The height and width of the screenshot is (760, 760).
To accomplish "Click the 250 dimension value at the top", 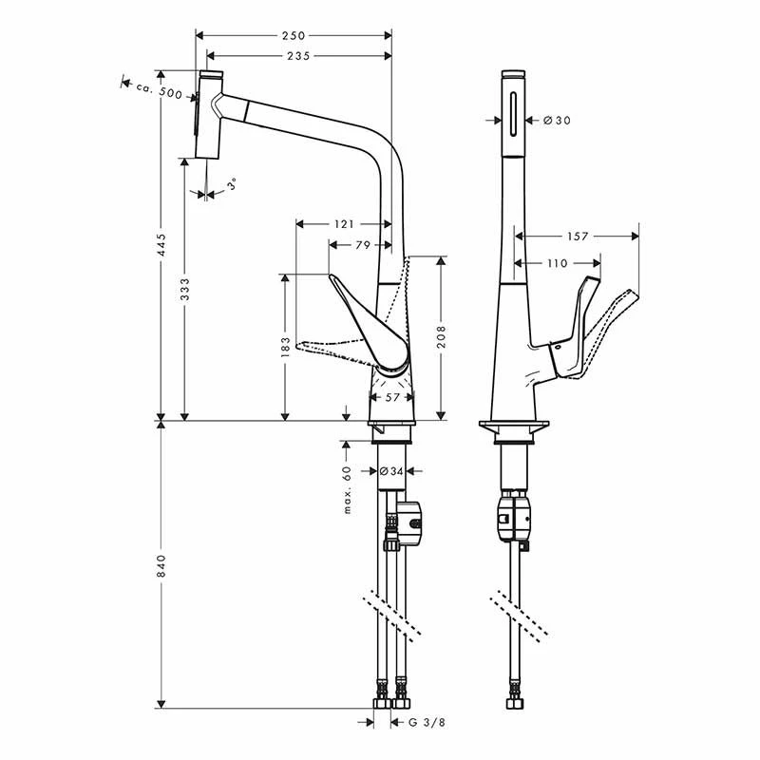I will tap(294, 35).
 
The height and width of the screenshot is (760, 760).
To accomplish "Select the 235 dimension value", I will tap(297, 56).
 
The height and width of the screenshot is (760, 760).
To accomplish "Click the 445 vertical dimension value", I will tap(161, 245).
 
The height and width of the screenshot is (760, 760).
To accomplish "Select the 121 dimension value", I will tap(343, 224).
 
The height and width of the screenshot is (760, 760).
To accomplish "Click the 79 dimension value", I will tap(362, 246).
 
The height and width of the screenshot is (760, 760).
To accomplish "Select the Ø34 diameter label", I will tap(392, 471).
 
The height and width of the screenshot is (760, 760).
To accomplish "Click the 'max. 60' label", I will tap(349, 489).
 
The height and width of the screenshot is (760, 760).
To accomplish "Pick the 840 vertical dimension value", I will tap(161, 566).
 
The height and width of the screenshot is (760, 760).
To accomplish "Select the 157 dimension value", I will tap(577, 237).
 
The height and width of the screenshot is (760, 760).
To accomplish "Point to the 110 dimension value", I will tap(557, 263).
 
